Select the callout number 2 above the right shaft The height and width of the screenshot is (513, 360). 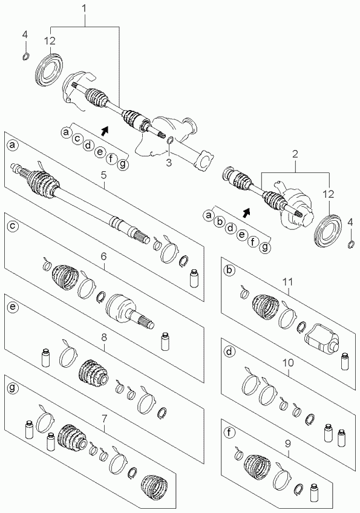pos(295,154)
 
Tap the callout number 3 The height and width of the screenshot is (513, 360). pos(169,162)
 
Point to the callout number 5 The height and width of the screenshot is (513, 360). pos(103,175)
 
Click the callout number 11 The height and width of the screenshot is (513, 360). pos(288,282)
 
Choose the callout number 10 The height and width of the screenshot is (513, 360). pos(289,362)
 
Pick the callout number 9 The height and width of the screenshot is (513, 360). pos(288,443)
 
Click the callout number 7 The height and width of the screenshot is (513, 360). pos(104,418)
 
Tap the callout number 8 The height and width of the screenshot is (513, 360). pos(104,338)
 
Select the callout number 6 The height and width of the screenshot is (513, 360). pos(103,256)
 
